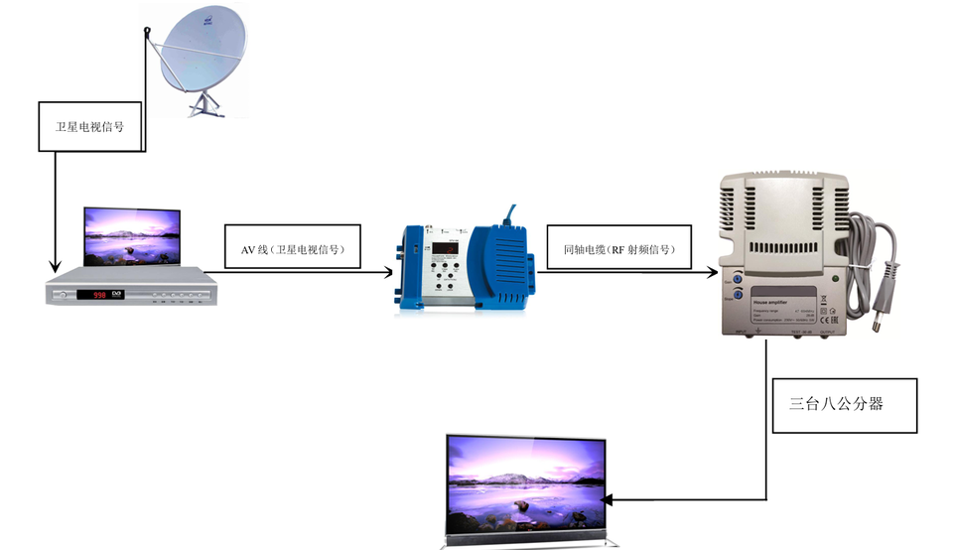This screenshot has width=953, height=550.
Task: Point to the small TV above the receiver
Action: (x=132, y=236)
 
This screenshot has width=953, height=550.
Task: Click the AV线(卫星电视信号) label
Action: (x=292, y=249)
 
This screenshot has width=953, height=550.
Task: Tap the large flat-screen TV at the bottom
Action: (x=526, y=486)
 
